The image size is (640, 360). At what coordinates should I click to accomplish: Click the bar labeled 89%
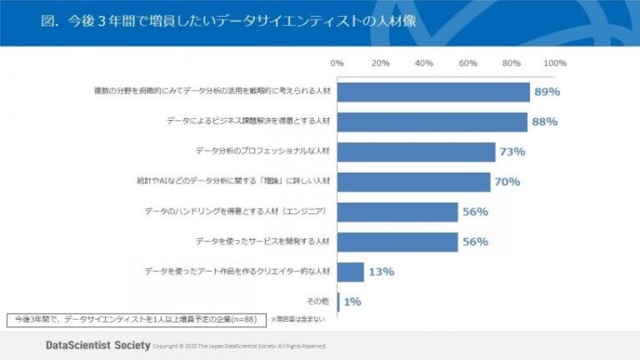[433, 92]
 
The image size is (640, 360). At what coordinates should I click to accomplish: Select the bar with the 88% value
[432, 122]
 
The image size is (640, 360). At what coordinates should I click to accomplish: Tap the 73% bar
[416, 152]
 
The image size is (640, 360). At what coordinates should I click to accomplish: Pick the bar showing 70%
[413, 182]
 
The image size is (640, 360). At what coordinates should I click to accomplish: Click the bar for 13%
[350, 272]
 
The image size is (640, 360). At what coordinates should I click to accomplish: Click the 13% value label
[381, 272]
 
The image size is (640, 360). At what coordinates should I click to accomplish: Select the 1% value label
[352, 302]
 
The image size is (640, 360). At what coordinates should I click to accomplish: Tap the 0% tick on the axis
[337, 63]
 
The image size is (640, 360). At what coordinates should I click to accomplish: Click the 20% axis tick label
[380, 63]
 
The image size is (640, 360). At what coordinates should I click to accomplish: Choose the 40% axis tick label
[424, 63]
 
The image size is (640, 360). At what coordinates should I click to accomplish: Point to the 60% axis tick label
[468, 63]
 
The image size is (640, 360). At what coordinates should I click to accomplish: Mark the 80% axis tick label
[511, 63]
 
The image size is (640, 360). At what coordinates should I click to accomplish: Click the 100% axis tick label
[555, 63]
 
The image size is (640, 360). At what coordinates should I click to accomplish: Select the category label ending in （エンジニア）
[237, 212]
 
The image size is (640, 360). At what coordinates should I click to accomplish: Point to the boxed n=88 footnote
[133, 317]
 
